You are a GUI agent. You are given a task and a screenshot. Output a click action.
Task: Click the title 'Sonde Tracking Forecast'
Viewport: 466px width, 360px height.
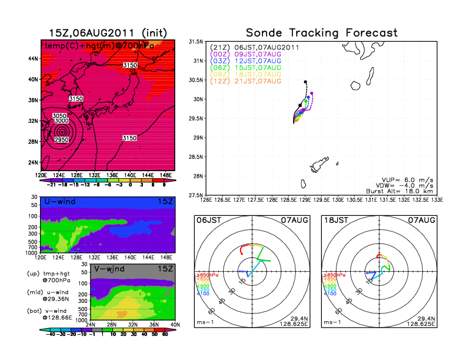click(x=322, y=33)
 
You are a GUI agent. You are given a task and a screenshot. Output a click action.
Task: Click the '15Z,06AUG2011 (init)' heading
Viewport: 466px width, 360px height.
click(x=107, y=33)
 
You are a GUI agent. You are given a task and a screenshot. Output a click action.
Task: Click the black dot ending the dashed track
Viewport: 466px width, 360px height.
click(x=305, y=82)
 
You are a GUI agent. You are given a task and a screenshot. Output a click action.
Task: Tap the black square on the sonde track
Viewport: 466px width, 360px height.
click(x=300, y=105)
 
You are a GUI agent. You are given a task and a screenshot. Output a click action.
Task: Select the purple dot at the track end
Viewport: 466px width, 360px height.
click(x=311, y=93)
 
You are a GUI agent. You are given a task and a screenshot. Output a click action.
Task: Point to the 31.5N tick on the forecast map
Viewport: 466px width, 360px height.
click(x=196, y=42)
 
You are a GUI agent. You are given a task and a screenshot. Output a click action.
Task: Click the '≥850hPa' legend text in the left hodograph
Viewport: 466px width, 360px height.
click(x=205, y=275)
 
